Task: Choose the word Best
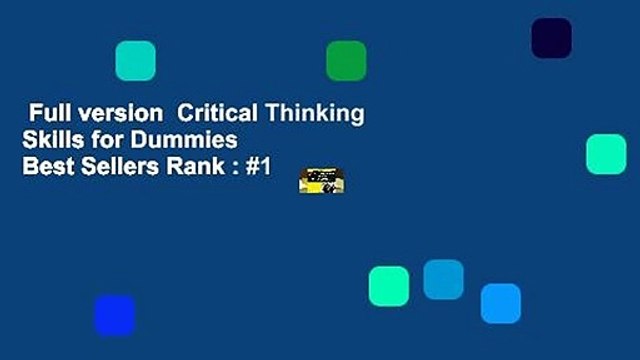click(44, 166)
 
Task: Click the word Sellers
click(113, 166)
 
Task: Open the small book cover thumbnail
click(321, 181)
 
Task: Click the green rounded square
click(346, 60)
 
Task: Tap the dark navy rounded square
click(551, 38)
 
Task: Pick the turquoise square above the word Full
click(135, 60)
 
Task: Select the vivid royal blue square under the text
click(114, 315)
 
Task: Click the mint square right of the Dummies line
click(605, 154)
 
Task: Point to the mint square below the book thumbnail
click(388, 286)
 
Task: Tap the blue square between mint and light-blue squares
click(443, 279)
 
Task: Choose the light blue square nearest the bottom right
click(500, 303)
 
